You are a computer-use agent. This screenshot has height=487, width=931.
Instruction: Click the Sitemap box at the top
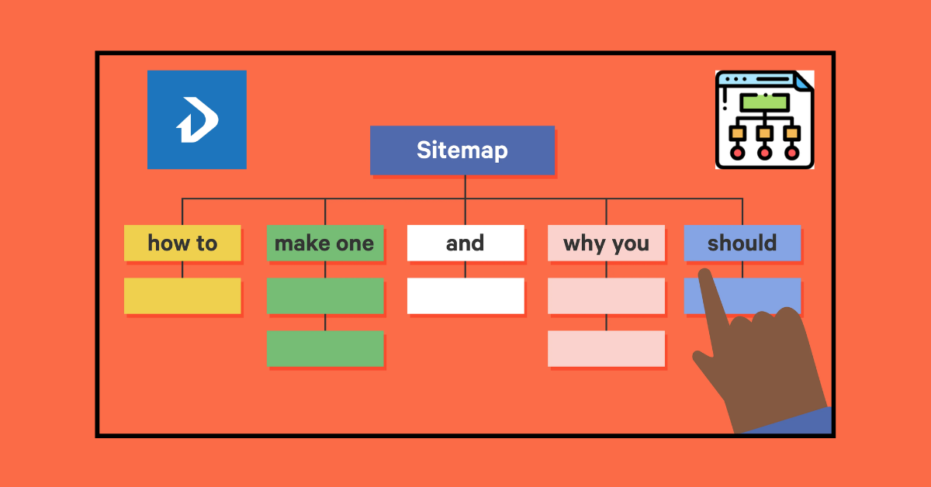click(462, 150)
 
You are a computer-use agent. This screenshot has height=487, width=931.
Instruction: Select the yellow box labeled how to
click(182, 243)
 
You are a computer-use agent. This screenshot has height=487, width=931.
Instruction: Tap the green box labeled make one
click(324, 243)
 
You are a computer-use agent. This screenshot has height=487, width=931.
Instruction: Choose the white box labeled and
click(465, 243)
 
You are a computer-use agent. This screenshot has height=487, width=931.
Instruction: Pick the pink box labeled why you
click(606, 243)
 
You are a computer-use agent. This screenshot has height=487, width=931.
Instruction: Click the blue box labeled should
click(742, 243)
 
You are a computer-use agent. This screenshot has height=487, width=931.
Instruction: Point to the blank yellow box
click(182, 295)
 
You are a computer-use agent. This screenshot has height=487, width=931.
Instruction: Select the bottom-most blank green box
click(325, 348)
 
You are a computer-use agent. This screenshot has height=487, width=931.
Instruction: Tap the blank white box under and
click(465, 295)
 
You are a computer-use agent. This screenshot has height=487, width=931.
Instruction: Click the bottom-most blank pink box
click(606, 348)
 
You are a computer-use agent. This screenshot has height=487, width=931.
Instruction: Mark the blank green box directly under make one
click(325, 295)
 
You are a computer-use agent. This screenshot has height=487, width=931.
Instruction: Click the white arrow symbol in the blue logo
click(196, 121)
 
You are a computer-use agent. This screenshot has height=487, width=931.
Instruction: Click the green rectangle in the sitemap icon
click(764, 102)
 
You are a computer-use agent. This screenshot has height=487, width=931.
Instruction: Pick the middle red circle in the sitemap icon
click(764, 153)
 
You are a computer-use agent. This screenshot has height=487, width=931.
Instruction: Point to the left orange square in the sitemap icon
click(738, 133)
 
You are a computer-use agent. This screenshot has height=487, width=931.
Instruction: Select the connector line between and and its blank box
click(465, 269)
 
